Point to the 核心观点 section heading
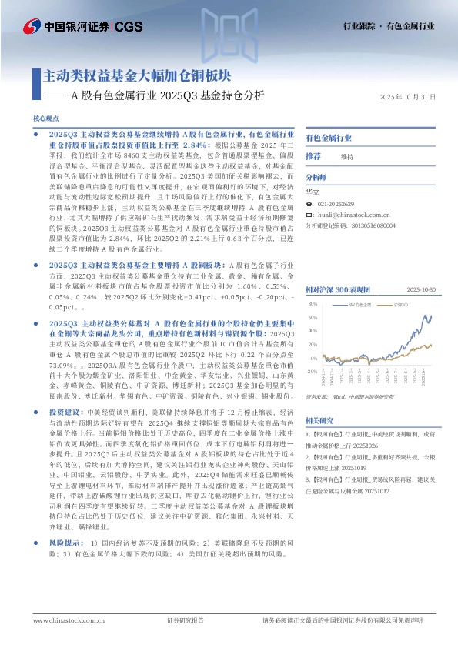coord(45,119)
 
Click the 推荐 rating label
coord(313,156)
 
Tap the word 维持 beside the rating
coord(347,156)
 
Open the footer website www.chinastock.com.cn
coord(64,620)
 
